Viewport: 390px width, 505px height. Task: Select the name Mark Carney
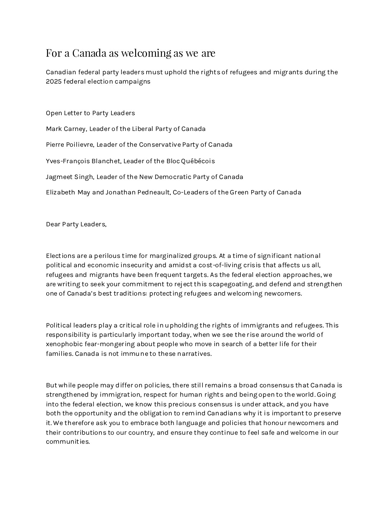66,129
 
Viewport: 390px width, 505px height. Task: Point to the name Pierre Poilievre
70,145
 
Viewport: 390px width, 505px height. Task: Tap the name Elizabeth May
68,192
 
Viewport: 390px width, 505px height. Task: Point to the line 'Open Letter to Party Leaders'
90,113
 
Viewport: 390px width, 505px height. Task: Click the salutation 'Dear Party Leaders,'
76,224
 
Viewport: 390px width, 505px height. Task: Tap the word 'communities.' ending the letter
68,442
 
